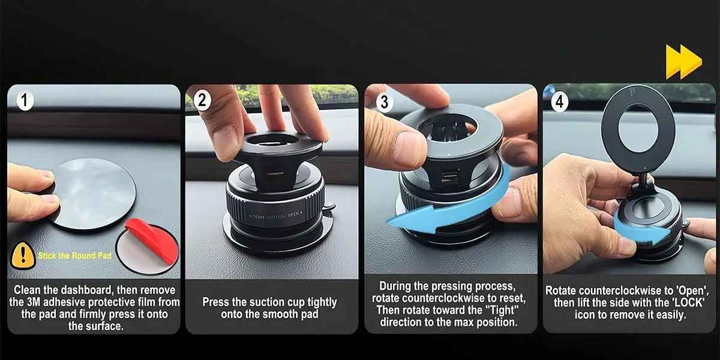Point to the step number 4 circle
coord(560,101)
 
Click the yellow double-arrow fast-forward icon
coord(683,61)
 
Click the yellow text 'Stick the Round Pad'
coord(74,256)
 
